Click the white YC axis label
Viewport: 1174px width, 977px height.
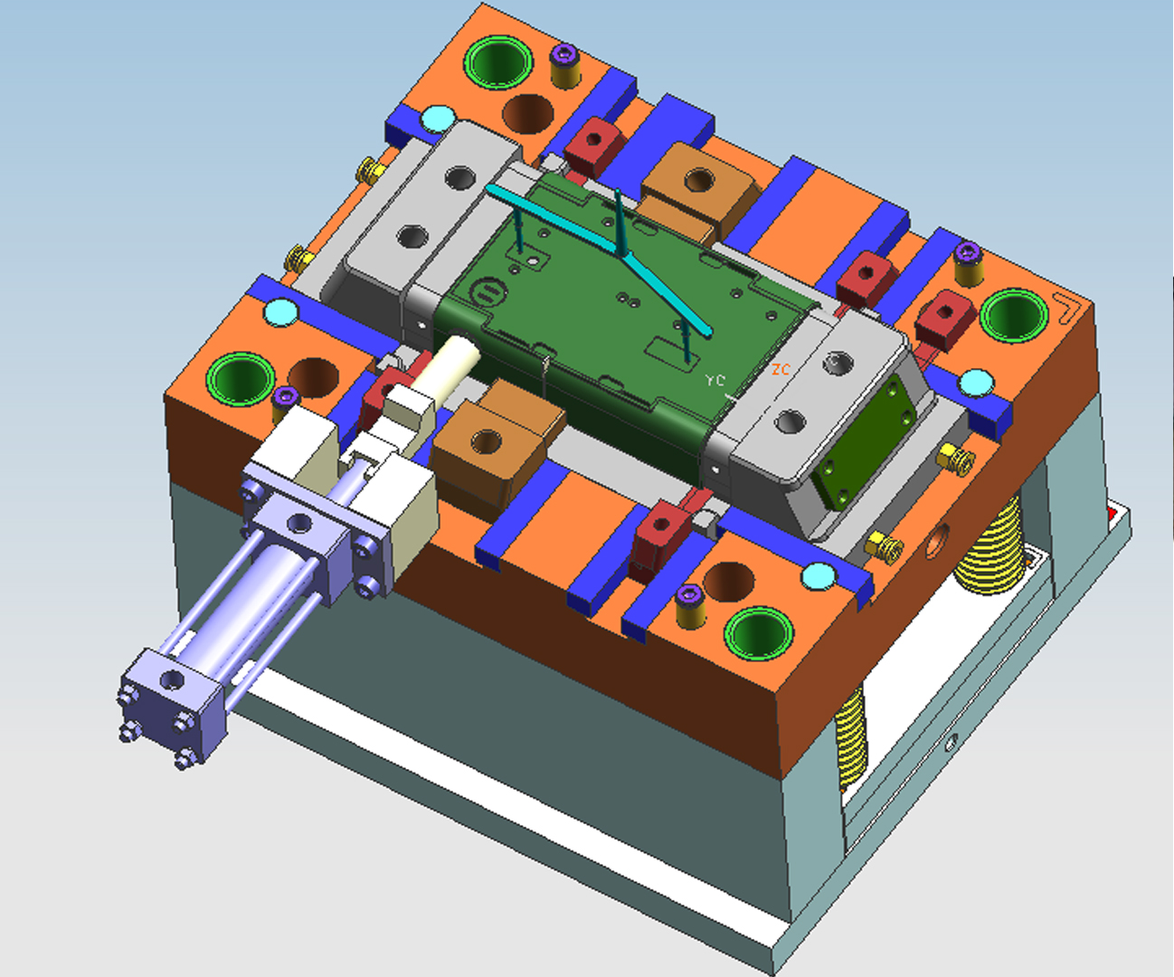pos(715,381)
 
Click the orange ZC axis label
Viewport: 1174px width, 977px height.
pos(781,369)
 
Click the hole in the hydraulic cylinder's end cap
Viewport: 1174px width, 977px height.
pos(172,681)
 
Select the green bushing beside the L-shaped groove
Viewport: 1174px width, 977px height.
pos(1014,316)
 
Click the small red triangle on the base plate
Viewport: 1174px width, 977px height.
pos(1112,514)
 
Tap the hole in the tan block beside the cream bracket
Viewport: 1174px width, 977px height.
pos(487,442)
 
